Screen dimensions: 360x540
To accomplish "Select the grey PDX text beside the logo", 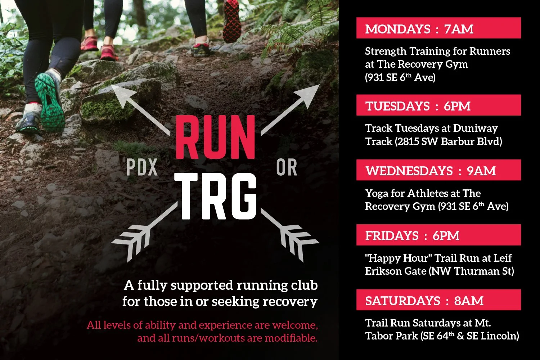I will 143,168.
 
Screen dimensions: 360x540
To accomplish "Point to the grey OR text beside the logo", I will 287,168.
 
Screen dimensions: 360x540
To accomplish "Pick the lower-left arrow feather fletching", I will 131,239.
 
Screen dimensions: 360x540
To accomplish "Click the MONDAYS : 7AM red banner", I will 438,28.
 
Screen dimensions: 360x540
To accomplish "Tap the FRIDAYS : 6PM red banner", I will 438,235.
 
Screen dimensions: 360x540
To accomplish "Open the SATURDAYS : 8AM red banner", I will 438,300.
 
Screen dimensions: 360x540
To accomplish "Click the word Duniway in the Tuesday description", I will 475,129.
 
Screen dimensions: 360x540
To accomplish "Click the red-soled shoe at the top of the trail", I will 231,22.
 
